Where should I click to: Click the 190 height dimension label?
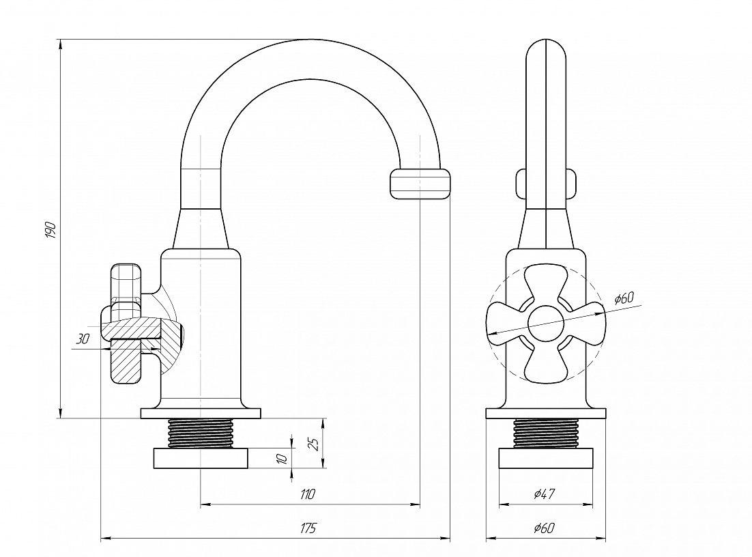[x=50, y=230]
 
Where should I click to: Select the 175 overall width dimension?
[x=308, y=528]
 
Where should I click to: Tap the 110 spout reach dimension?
[x=308, y=494]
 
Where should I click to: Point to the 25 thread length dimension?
[x=315, y=443]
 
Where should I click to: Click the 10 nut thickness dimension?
[x=283, y=458]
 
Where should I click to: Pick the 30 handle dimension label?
[x=83, y=339]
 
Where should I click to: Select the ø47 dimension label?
[x=545, y=494]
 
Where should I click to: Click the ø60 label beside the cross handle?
[x=624, y=298]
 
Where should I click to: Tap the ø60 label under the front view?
[x=545, y=528]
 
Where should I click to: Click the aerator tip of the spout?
[x=420, y=183]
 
